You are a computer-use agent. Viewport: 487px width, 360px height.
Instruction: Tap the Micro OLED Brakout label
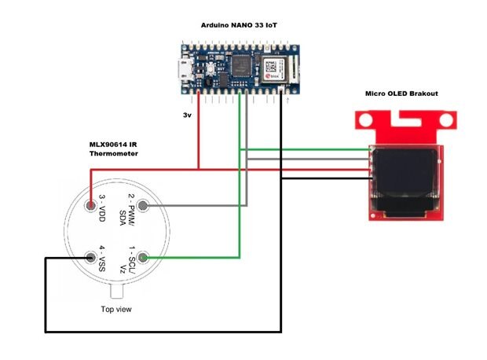coord(401,94)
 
